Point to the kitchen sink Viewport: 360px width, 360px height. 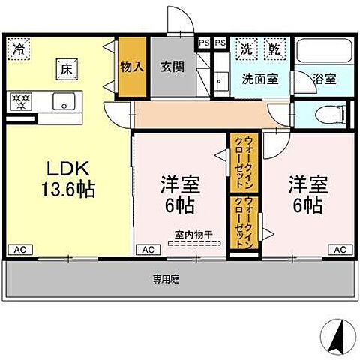[60, 100]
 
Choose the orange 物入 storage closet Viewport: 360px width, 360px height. [131, 67]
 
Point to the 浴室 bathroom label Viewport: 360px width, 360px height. [324, 77]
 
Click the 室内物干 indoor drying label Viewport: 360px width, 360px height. [193, 234]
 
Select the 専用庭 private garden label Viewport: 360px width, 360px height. [166, 279]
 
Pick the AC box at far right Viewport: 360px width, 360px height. [340, 248]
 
